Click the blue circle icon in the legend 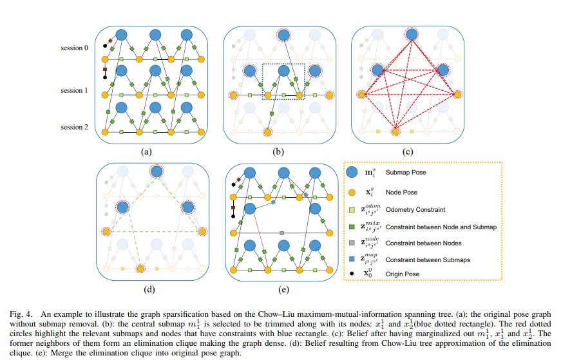[352, 173]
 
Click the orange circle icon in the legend [352, 191]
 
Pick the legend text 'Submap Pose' [406, 173]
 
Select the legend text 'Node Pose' [402, 191]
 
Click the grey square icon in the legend [352, 243]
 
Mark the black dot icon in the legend [352, 274]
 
